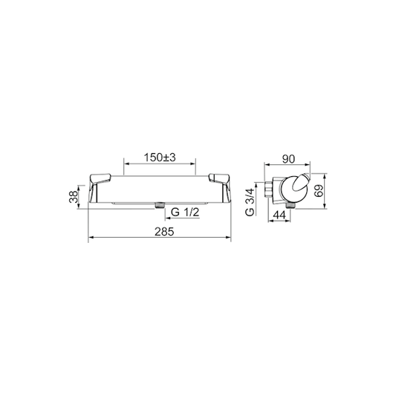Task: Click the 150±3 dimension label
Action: (160, 158)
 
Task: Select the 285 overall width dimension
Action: (164, 232)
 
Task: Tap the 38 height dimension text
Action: (74, 197)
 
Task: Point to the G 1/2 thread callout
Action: (185, 212)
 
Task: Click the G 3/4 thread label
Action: (250, 202)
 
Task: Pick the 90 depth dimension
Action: (288, 159)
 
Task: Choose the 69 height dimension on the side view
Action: (319, 191)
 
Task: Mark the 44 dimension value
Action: (279, 215)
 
